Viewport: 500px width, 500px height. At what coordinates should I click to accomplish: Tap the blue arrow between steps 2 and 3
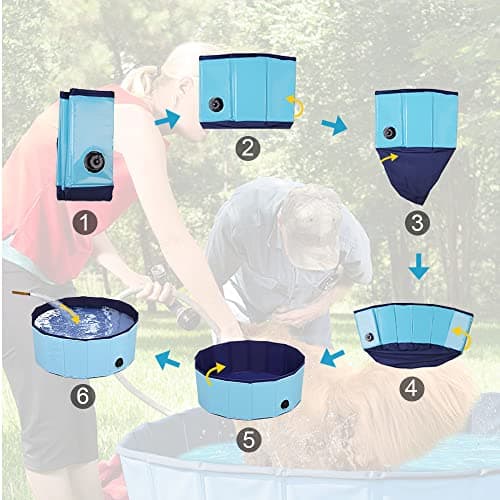(x=333, y=125)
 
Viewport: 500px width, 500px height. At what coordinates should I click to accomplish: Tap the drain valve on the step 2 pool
(x=216, y=103)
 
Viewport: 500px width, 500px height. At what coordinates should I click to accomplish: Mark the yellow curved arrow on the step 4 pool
(x=463, y=336)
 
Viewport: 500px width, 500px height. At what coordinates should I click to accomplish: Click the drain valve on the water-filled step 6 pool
(x=118, y=362)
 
